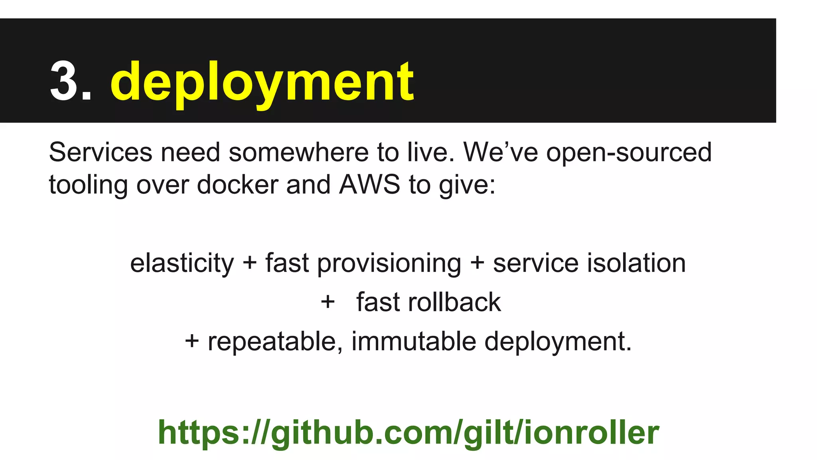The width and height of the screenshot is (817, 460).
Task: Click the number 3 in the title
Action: [x=66, y=81]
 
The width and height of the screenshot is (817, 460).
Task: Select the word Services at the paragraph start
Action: [x=101, y=152]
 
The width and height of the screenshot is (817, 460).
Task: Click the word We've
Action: [x=500, y=152]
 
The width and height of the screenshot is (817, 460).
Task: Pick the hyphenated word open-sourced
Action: [x=629, y=153]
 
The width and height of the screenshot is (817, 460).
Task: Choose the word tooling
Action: [x=88, y=185]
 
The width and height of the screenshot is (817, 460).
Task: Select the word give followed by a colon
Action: [x=467, y=185]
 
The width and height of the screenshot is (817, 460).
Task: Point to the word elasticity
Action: [x=182, y=264]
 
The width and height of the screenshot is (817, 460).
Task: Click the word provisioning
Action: [x=389, y=264]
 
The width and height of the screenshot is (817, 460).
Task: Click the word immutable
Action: [x=414, y=341]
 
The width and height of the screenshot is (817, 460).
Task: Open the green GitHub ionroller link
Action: [x=408, y=432]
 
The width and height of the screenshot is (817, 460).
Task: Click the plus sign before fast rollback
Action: [x=328, y=302]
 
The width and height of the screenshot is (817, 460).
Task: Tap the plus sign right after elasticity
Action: [x=250, y=264]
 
